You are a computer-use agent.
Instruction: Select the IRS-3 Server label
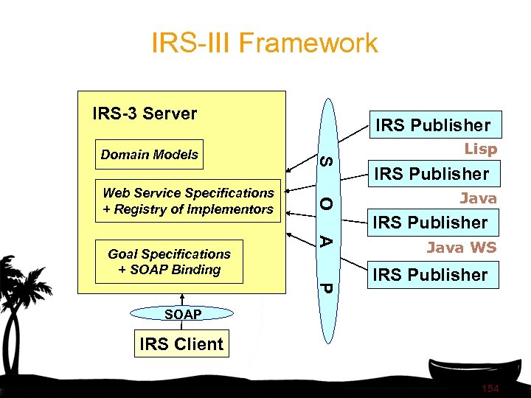(145, 114)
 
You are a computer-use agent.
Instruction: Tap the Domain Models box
(149, 155)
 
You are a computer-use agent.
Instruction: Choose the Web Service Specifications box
(189, 201)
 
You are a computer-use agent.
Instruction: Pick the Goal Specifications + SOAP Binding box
(169, 262)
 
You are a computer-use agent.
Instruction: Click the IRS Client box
(181, 344)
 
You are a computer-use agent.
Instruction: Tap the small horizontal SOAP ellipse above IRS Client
(182, 315)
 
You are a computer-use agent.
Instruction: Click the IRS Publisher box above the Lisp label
(432, 125)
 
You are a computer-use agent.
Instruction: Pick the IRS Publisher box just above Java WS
(431, 223)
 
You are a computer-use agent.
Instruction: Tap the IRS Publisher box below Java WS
(431, 275)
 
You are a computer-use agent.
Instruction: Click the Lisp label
(480, 149)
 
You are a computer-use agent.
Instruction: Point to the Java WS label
(461, 248)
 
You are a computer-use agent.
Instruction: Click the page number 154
(489, 388)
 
